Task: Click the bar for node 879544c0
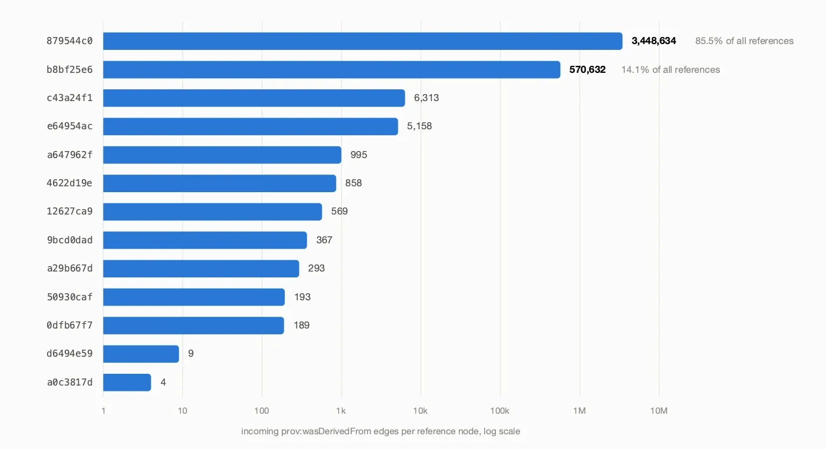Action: click(x=362, y=41)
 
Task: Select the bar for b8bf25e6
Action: click(x=331, y=69)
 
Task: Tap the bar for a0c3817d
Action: click(x=127, y=383)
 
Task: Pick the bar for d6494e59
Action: click(x=141, y=354)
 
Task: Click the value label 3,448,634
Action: click(x=654, y=41)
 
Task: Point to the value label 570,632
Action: click(x=587, y=69)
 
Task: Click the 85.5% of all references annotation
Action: click(x=744, y=41)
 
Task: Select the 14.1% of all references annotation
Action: click(x=670, y=69)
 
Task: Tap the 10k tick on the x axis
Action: click(x=421, y=411)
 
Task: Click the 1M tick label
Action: click(x=579, y=411)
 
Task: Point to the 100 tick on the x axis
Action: click(x=262, y=411)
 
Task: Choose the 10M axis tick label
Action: click(x=659, y=411)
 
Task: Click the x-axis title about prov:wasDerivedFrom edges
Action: click(x=381, y=431)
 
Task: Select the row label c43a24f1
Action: click(x=69, y=98)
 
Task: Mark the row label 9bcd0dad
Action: click(x=69, y=240)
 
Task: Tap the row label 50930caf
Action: click(x=69, y=297)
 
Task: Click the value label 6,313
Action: click(x=427, y=98)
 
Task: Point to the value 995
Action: click(x=359, y=155)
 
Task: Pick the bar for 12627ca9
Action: click(x=212, y=212)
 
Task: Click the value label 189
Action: click(x=301, y=325)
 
